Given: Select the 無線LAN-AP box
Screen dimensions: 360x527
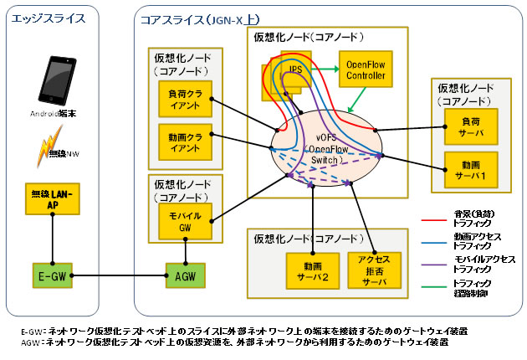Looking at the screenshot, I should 53,198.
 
